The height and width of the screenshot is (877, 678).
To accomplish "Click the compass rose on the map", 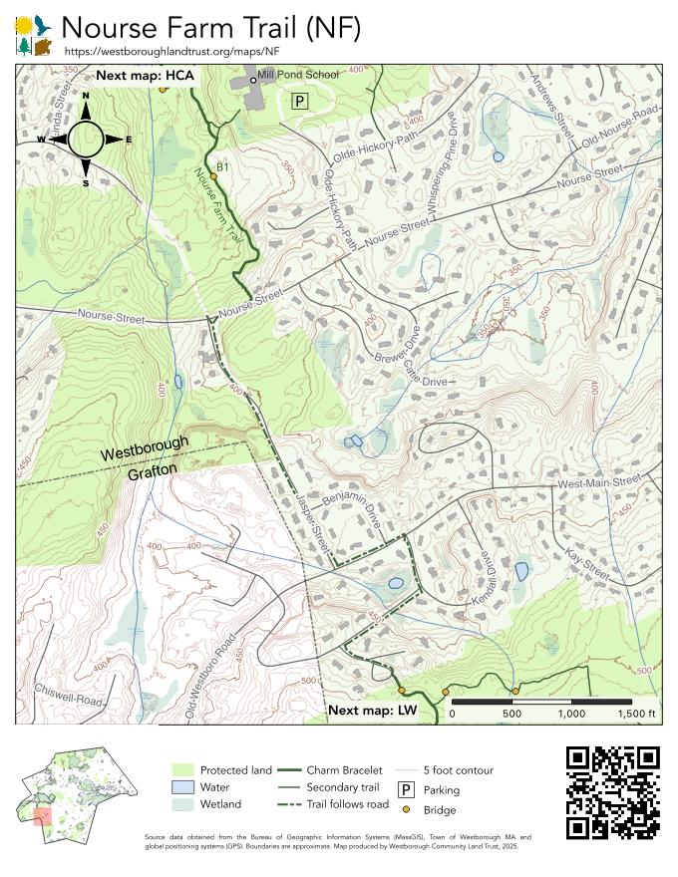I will point(85,140).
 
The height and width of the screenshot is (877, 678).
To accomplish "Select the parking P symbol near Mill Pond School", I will point(300,100).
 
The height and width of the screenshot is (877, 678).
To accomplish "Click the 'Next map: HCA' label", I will point(145,75).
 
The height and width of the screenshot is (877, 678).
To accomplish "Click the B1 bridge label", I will point(224,166).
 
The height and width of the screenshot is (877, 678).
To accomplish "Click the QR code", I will point(612,791).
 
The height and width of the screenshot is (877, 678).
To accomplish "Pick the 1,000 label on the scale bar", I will point(571,714).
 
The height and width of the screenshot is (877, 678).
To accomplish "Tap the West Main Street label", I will point(598,482).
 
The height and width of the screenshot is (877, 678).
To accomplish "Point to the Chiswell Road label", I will point(68,695).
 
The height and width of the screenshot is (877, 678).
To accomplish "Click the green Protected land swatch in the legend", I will point(181,770).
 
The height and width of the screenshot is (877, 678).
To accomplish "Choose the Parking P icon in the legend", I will point(407,789).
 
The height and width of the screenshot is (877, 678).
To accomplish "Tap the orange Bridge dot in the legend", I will point(407,810).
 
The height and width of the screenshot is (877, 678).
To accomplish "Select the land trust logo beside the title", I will point(34,35).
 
